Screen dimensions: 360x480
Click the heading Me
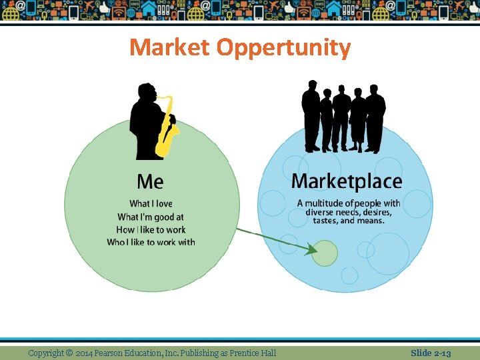tap(150, 181)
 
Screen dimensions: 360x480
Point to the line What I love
tap(151, 203)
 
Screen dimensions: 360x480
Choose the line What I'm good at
tap(151, 217)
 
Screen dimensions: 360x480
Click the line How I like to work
tap(151, 229)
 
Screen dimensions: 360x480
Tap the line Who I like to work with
tap(151, 242)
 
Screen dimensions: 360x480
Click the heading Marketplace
tap(347, 181)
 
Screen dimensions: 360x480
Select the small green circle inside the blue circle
tap(325, 253)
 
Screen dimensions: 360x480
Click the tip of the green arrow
tap(315, 251)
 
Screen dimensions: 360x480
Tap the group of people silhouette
tap(343, 117)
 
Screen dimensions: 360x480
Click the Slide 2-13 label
tap(431, 353)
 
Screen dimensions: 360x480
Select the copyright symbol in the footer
tap(69, 353)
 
